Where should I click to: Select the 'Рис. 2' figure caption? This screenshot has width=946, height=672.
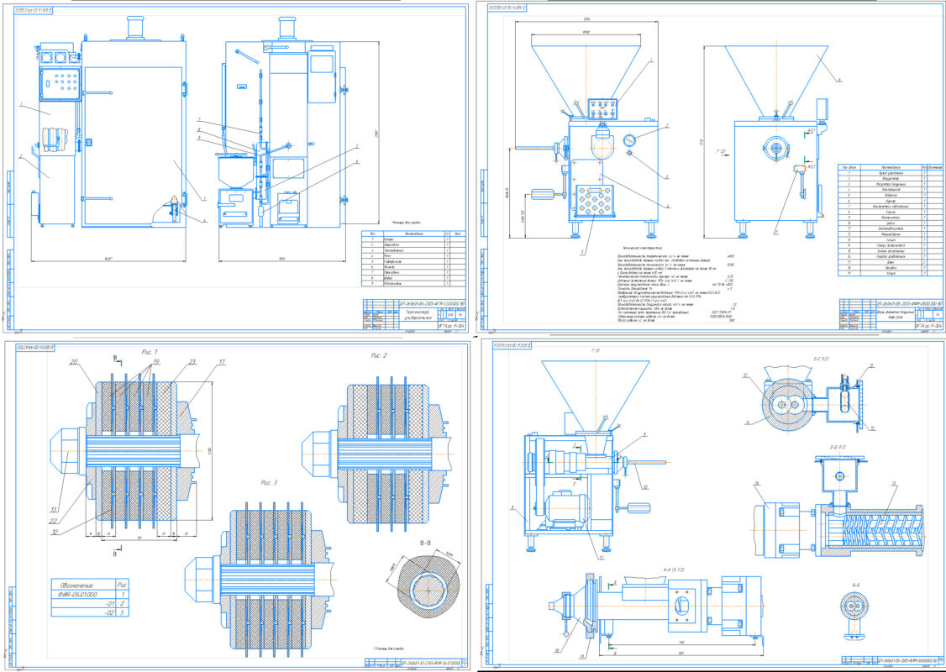click(x=380, y=355)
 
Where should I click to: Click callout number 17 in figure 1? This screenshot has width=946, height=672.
click(x=199, y=363)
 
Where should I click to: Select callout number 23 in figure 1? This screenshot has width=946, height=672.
click(x=169, y=362)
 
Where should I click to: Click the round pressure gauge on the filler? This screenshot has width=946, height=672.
click(x=630, y=140)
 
